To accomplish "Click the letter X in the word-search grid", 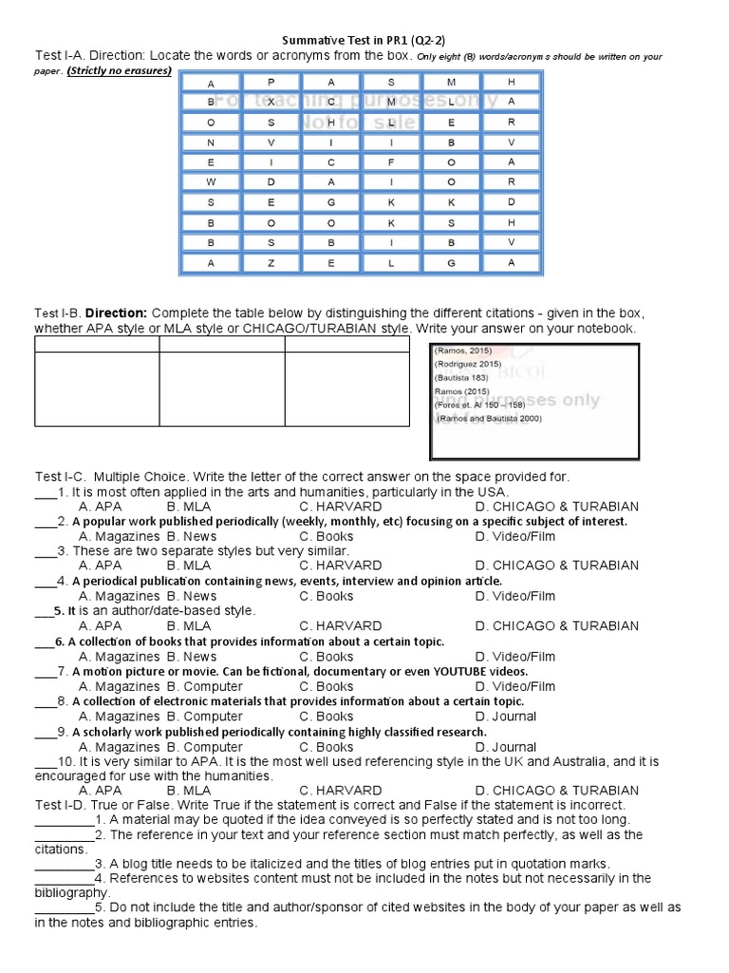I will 271,102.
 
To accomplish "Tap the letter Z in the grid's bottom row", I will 271,263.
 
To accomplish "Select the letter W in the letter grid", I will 211,182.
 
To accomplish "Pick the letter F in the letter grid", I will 391,162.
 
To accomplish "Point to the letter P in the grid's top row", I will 271,83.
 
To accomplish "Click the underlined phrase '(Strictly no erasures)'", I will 120,71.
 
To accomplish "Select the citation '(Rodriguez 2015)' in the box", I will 468,364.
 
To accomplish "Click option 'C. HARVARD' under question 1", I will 340,506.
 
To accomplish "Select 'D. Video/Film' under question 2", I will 515,537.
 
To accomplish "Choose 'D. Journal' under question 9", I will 506,747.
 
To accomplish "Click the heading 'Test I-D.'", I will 64,805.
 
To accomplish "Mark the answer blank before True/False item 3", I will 64,864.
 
